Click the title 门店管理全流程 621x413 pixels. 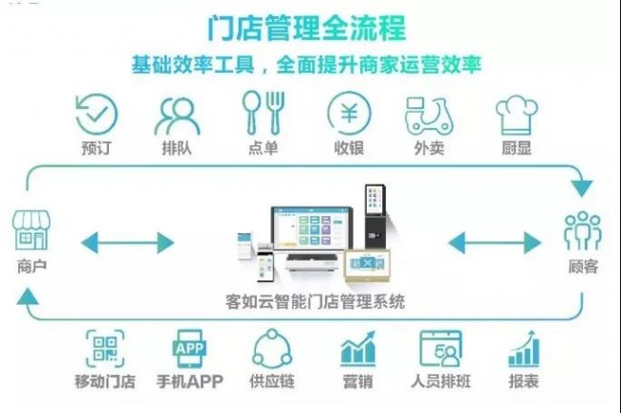307,28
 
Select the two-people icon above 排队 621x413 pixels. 177,115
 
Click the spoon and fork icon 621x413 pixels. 264,113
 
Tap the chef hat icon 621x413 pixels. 517,116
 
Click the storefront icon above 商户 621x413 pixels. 32,229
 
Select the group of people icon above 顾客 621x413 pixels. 583,230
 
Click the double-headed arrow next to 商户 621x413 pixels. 127,243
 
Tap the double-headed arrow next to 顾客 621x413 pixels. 495,243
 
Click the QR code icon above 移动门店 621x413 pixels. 105,349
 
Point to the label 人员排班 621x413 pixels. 440,381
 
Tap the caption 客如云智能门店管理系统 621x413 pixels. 315,302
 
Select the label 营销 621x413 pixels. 357,381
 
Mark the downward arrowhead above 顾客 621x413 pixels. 582,188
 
